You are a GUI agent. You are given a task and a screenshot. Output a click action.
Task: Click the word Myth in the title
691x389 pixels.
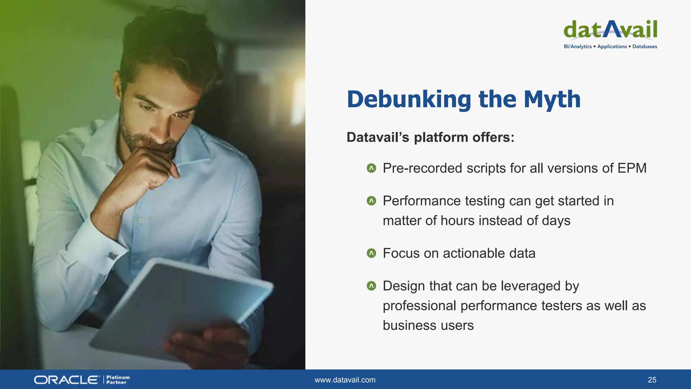pos(552,100)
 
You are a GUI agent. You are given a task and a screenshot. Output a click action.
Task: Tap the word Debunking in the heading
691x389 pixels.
pos(409,100)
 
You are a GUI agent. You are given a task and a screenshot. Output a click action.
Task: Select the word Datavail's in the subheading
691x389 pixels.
pos(378,137)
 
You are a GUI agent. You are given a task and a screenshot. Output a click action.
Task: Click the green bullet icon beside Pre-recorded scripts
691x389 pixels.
pos(371,168)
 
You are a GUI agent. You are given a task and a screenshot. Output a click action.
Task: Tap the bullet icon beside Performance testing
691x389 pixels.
pos(371,201)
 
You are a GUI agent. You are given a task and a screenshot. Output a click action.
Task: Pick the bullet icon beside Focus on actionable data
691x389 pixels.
pos(371,253)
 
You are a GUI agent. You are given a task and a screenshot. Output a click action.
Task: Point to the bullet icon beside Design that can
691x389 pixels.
pos(371,286)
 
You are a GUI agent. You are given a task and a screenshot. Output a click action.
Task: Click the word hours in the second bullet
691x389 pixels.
pos(458,221)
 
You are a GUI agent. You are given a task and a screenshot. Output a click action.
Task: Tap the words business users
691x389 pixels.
pos(428,326)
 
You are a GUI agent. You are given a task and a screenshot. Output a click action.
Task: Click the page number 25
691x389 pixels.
pos(652,380)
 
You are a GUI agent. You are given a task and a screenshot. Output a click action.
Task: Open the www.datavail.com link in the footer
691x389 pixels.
pos(345,380)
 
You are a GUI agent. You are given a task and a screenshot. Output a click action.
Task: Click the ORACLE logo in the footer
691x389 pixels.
pos(66,380)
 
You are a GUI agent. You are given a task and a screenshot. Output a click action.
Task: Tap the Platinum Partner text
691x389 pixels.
pos(118,380)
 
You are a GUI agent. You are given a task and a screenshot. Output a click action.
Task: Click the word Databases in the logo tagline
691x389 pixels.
pos(644,47)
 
